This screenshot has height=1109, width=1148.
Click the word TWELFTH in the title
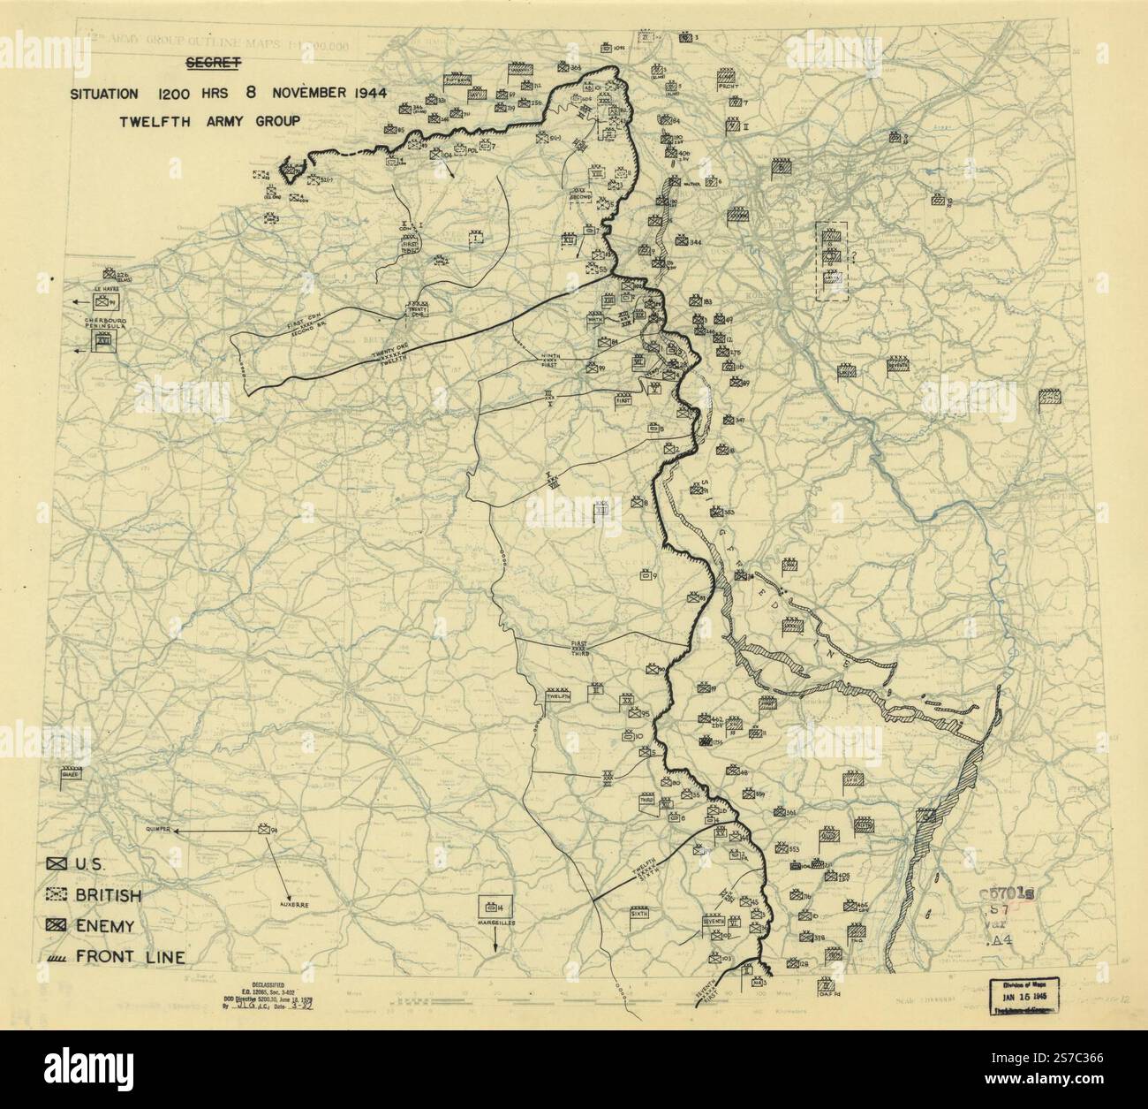tap(156, 121)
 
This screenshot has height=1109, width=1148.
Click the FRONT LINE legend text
tap(130, 956)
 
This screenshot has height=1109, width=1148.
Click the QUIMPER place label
tap(155, 830)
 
